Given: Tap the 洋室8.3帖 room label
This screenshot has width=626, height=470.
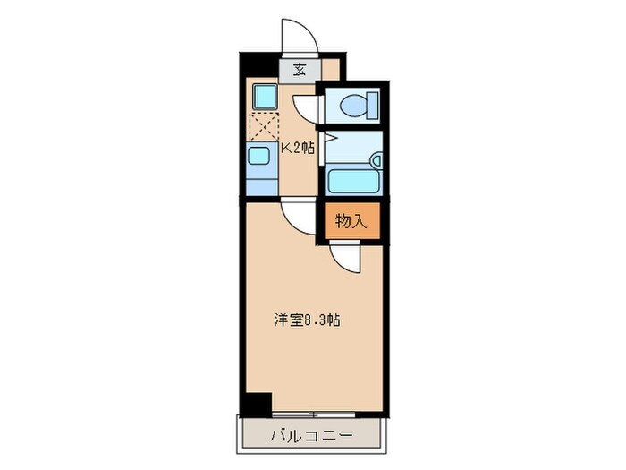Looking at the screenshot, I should point(306,320).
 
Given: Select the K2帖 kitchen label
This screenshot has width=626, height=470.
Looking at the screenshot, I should point(298,149).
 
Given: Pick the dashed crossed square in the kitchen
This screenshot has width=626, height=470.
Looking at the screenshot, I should point(265,127).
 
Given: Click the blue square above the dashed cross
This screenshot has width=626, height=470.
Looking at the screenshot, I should point(264,96).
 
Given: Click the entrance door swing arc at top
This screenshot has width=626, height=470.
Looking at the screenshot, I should point(298,38).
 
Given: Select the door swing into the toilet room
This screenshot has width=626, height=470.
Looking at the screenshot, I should point(307,106).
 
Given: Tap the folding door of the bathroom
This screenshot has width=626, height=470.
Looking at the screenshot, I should point(327,141).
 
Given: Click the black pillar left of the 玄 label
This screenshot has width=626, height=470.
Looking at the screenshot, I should point(259,65).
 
